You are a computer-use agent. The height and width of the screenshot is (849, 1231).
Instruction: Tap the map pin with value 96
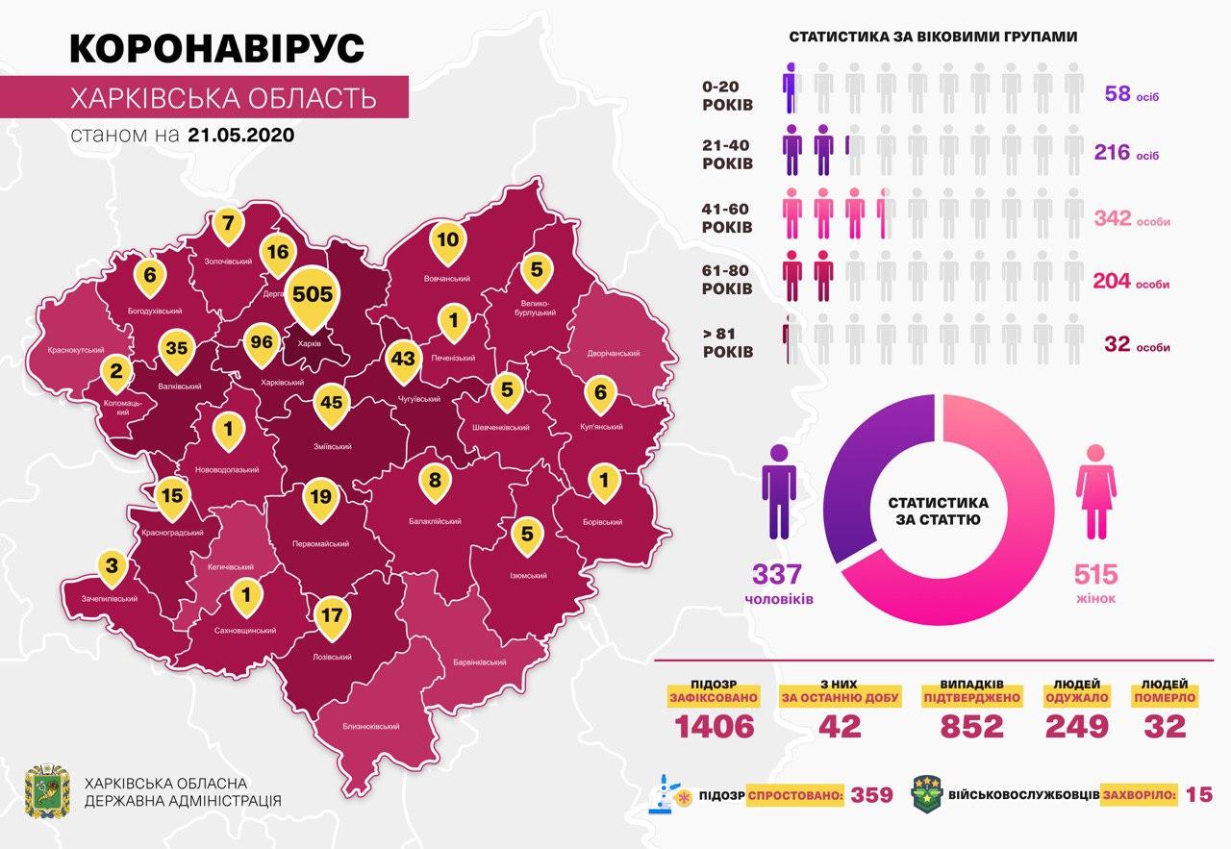pos(256,342)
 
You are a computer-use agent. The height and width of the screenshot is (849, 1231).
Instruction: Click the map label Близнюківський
pos(370,727)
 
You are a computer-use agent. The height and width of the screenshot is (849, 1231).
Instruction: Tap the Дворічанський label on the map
pos(613,354)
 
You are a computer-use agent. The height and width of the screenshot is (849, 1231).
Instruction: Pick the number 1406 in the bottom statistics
pos(715,726)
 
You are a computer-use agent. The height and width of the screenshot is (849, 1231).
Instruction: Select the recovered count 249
pos(1076,726)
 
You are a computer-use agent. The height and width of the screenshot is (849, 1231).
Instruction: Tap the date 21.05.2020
pos(240,135)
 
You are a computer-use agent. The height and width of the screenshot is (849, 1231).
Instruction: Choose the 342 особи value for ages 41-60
pos(1131,220)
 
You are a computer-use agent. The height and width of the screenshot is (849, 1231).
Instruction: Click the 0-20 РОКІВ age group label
pos(728,94)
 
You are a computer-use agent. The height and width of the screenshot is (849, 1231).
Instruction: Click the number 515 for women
pos(1095,575)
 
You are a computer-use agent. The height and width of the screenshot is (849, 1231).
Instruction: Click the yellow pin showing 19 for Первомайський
pos(321,497)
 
